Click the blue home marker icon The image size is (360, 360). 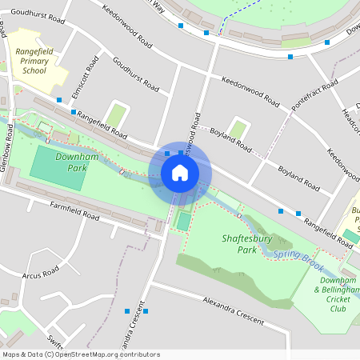(x=179, y=173)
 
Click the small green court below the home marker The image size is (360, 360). (x=184, y=220)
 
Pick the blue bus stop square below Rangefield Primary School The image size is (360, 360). (x=59, y=101)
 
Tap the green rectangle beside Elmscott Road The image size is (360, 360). (x=117, y=114)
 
